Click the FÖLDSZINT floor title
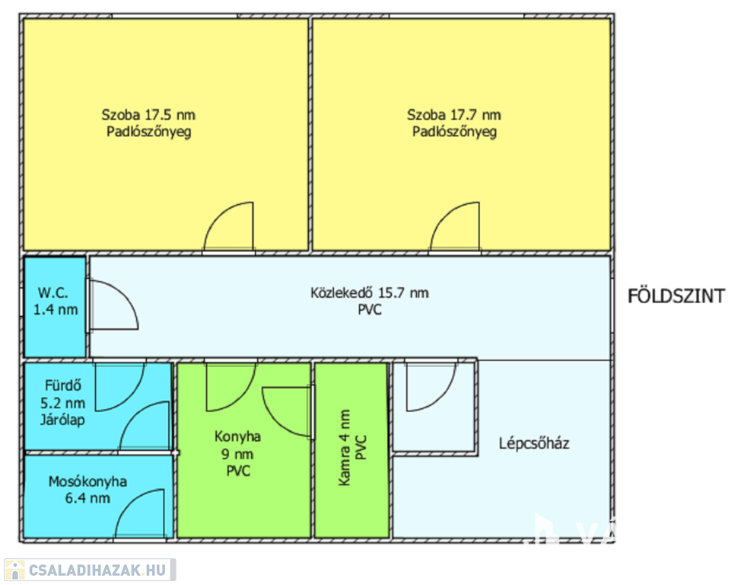pyautogui.click(x=676, y=296)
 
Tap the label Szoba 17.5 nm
pyautogui.click(x=148, y=114)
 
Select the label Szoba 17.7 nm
pyautogui.click(x=454, y=114)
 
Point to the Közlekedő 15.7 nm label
pyautogui.click(x=370, y=292)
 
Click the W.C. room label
pyautogui.click(x=52, y=292)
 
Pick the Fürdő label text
pyautogui.click(x=63, y=385)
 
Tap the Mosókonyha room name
pyautogui.click(x=88, y=481)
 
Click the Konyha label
pyautogui.click(x=237, y=436)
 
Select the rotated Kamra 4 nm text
pyautogui.click(x=344, y=447)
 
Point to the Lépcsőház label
pyautogui.click(x=534, y=443)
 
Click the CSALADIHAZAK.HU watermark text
pyautogui.click(x=97, y=570)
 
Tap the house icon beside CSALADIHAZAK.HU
pyautogui.click(x=14, y=570)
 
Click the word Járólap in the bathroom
pyautogui.click(x=62, y=420)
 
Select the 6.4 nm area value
pyautogui.click(x=88, y=498)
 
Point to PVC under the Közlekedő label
pyautogui.click(x=370, y=310)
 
